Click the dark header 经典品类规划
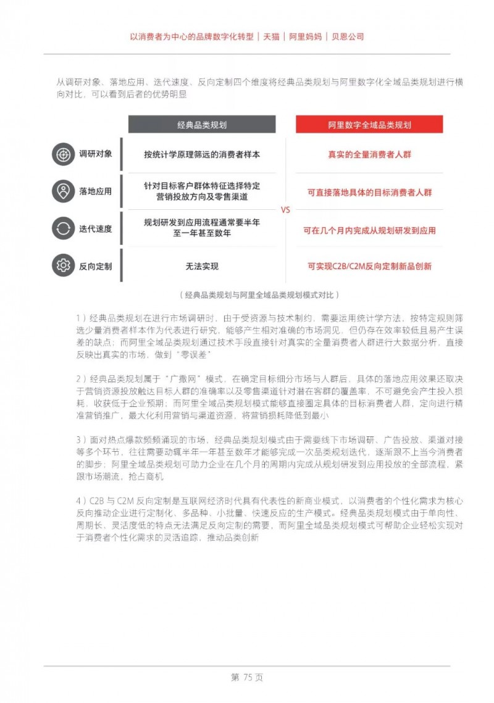click(202, 124)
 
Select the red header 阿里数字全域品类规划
click(369, 124)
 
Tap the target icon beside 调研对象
click(63, 154)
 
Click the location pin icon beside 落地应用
click(63, 191)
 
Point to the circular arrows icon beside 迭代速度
click(63, 229)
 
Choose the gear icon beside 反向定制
click(63, 266)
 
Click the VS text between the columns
click(285, 210)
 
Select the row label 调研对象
click(95, 154)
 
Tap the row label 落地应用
click(95, 191)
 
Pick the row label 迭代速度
click(95, 229)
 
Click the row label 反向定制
click(95, 267)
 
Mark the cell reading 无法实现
click(202, 267)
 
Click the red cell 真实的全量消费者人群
click(369, 154)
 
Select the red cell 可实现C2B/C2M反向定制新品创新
click(369, 267)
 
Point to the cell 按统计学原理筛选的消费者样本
click(202, 154)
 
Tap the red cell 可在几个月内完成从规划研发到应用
click(369, 230)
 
